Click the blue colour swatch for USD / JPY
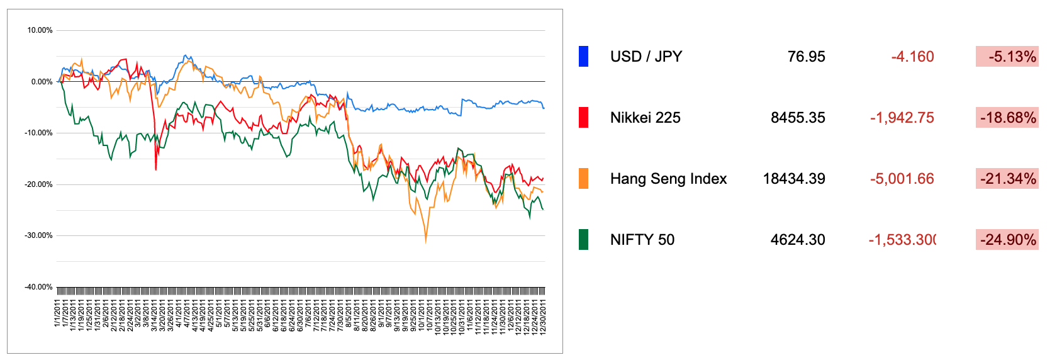[583, 57]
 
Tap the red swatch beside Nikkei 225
[583, 118]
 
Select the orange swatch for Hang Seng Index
[583, 179]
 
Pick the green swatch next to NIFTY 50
[583, 240]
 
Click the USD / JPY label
[646, 57]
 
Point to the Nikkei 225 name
[645, 118]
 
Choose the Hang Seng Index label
[668, 179]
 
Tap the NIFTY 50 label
[642, 240]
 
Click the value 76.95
[806, 57]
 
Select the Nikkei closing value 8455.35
[798, 118]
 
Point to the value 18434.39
[794, 179]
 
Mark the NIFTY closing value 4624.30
[798, 240]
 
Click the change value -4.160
[912, 57]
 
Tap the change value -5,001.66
[902, 179]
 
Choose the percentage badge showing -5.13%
[1007, 57]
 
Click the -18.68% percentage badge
[1007, 118]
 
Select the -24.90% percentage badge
[1007, 240]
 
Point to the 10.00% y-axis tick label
[40, 30]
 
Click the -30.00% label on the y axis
[39, 235]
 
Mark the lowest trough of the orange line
[426, 241]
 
